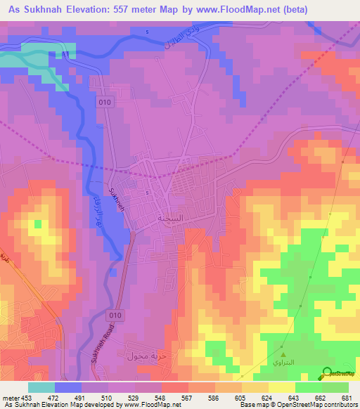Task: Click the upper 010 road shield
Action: click(x=105, y=101)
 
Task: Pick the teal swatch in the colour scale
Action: click(x=41, y=387)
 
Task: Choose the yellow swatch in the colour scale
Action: click(x=281, y=387)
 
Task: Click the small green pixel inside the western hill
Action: click(x=37, y=224)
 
